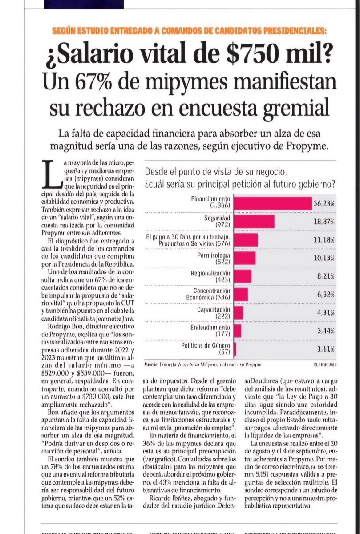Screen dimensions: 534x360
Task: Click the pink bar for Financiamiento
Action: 272,203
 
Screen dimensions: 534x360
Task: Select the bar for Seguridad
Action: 254,221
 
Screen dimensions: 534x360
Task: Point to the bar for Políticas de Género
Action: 235,349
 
